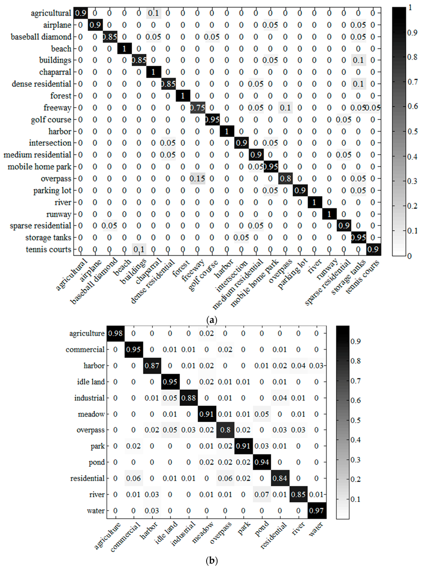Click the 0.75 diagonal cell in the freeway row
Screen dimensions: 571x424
197,108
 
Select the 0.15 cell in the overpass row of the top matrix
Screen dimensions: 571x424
197,179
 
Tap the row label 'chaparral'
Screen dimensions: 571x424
55,72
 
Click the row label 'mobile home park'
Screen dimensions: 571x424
39,167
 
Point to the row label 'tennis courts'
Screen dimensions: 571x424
48,250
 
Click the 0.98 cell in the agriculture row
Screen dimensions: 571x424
115,333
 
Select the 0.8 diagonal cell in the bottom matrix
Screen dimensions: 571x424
225,430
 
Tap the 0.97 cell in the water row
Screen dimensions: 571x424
316,511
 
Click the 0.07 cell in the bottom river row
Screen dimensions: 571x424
262,494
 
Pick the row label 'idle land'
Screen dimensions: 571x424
91,381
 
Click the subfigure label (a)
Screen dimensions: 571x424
212,320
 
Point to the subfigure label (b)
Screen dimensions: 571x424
212,561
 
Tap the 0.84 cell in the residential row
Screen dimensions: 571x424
280,478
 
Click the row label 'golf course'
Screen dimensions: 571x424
51,120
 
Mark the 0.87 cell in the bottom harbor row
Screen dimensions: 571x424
152,365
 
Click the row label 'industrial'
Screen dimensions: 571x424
89,398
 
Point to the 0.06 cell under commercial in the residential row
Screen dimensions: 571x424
133,478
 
